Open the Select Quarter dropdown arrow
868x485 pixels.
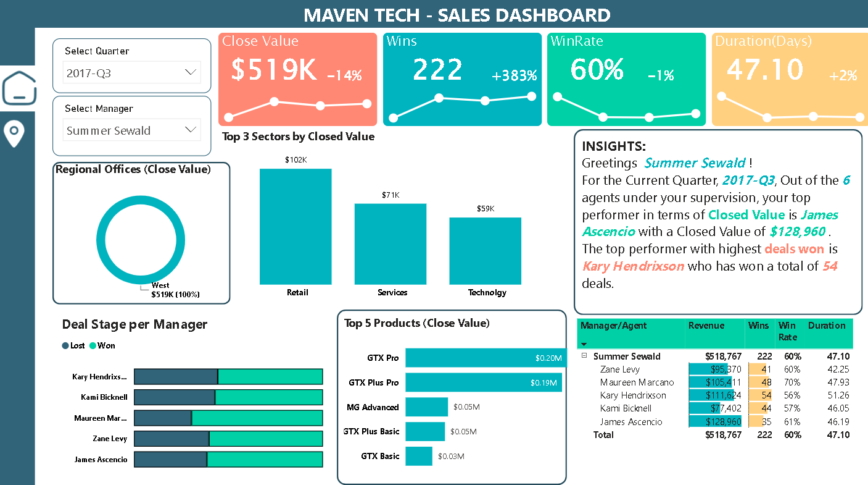click(x=191, y=73)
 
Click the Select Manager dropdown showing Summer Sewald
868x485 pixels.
click(x=132, y=130)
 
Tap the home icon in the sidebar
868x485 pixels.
click(x=19, y=88)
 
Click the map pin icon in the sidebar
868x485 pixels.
click(x=14, y=133)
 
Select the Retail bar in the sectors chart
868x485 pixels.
click(x=296, y=226)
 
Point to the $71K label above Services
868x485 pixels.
click(x=391, y=195)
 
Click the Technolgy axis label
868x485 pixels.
click(x=487, y=292)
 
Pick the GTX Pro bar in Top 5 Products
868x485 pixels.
click(x=486, y=358)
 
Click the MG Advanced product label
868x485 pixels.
click(x=373, y=407)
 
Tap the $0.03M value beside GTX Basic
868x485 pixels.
click(x=451, y=457)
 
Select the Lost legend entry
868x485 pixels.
click(x=73, y=345)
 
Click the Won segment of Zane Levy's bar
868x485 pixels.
click(x=266, y=439)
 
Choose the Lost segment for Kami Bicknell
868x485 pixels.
click(x=175, y=397)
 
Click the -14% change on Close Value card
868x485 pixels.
click(x=344, y=76)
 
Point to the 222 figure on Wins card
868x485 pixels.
click(x=437, y=69)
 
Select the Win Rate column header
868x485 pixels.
click(x=787, y=332)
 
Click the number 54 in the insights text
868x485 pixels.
click(x=830, y=266)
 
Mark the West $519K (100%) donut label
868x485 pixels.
click(x=175, y=290)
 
